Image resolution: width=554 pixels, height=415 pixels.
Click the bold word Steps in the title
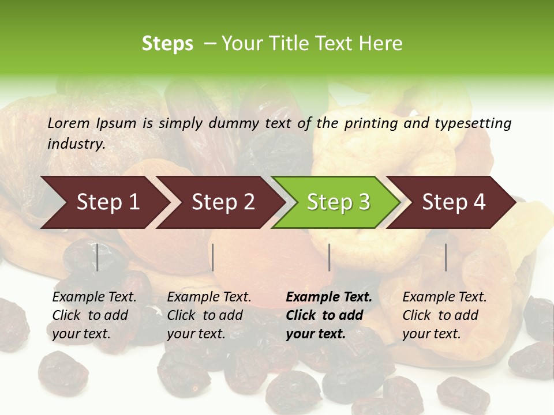coord(167,44)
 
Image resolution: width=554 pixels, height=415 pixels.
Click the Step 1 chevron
coord(107,202)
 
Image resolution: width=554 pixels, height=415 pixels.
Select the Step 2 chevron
coord(223,202)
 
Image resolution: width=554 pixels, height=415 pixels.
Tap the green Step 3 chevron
coord(338,202)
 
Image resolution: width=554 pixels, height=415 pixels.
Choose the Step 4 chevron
coord(454,202)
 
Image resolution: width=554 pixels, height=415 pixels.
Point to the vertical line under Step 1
coord(98,257)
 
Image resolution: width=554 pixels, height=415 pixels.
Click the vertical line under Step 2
coord(213,257)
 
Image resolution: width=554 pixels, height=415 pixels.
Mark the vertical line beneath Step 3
coord(330,257)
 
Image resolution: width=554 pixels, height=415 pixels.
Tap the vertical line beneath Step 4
coord(446,257)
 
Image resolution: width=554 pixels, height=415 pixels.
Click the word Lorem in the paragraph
coord(69,123)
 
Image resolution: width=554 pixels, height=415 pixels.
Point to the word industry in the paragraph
coord(76,144)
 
